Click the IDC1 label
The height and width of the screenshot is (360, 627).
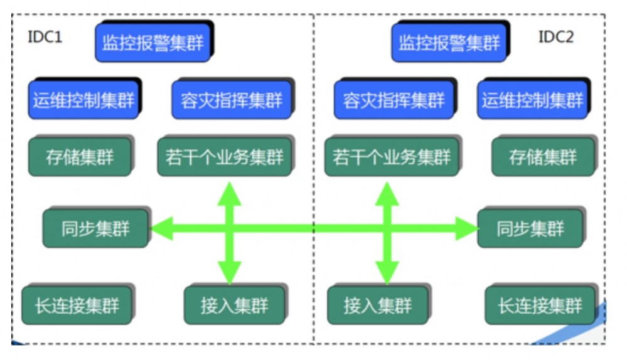click(45, 37)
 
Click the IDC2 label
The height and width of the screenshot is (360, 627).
click(555, 37)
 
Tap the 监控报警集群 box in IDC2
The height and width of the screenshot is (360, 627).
click(449, 43)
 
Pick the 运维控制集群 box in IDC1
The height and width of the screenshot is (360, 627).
click(83, 100)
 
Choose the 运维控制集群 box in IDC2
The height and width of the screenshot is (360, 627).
click(532, 100)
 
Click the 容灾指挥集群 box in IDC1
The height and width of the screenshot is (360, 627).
click(232, 100)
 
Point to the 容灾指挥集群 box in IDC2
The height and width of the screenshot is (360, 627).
click(394, 100)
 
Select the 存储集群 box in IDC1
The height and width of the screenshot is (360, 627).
click(80, 157)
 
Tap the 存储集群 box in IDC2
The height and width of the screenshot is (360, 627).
click(542, 157)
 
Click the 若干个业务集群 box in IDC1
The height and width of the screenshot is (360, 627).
click(224, 157)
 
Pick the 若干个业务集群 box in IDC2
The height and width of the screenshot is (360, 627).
click(392, 157)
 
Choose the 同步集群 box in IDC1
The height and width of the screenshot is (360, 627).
click(95, 229)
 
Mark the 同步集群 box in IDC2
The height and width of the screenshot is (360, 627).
click(530, 229)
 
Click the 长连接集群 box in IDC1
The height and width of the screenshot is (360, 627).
click(77, 305)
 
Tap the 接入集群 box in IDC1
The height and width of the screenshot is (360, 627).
click(234, 305)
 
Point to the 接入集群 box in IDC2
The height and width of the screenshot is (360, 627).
click(378, 305)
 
